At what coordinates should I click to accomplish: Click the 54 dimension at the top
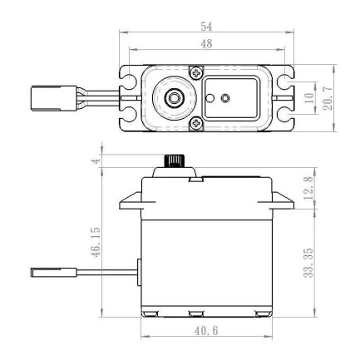[205, 28]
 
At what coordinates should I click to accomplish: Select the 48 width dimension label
[205, 45]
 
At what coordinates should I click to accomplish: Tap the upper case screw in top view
[195, 70]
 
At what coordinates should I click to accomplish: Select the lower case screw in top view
[195, 124]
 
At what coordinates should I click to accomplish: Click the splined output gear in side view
[175, 160]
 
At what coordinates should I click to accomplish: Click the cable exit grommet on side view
[137, 271]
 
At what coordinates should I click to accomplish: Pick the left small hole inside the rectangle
[212, 97]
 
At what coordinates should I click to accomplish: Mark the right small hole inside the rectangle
[225, 97]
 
